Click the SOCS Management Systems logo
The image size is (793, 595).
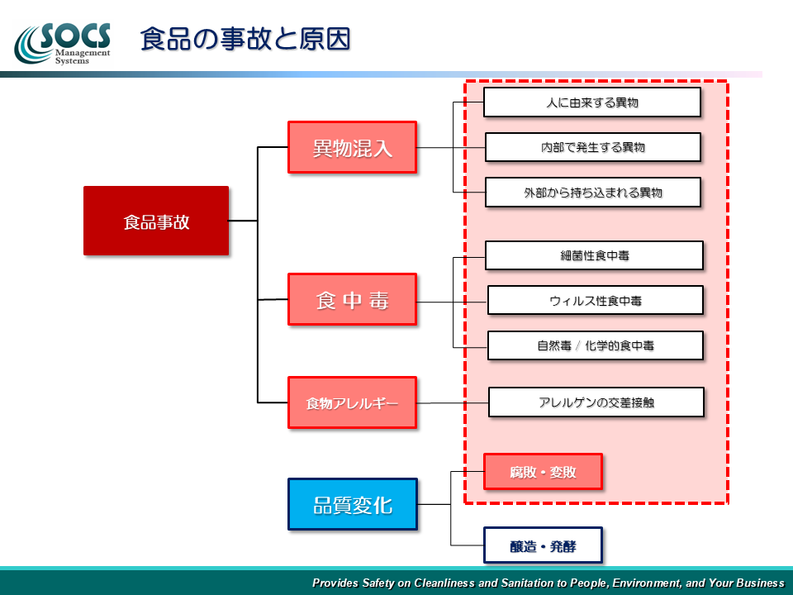coord(63,44)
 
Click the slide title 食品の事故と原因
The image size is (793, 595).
coord(245,39)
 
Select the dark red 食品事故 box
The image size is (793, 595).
coord(156,221)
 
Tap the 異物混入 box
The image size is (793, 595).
coord(353,147)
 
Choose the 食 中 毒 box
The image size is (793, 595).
coord(353,299)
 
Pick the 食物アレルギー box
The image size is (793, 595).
coord(353,402)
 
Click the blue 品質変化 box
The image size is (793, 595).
coord(353,504)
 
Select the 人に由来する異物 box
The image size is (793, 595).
coord(592,102)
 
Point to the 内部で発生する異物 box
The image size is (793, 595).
coord(593,147)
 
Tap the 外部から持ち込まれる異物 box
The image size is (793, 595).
coord(593,193)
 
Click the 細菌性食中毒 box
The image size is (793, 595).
coord(594,255)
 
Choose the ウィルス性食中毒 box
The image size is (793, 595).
coord(596,301)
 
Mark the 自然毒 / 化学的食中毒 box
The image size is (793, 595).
coord(596,345)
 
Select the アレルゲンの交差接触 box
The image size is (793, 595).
coord(596,402)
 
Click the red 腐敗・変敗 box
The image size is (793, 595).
coord(544,472)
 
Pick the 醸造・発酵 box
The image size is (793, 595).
coord(544,545)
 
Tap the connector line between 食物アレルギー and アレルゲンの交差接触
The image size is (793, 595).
coord(453,402)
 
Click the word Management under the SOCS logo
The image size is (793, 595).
coord(83,53)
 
